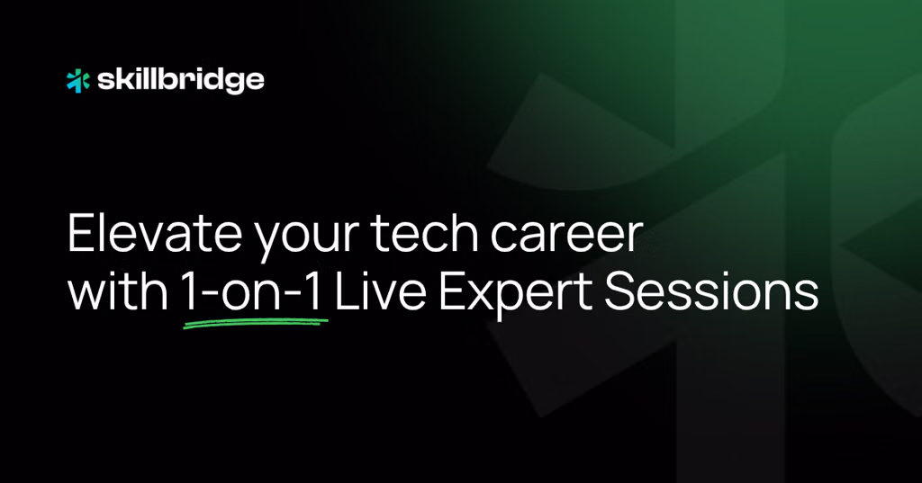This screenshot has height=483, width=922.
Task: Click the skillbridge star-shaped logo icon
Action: click(x=78, y=81)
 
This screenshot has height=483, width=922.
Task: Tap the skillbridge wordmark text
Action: click(x=180, y=81)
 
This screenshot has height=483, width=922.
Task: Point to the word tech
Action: click(x=425, y=234)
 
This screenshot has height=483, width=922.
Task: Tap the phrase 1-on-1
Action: click(x=253, y=292)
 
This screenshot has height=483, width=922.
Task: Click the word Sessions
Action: click(x=711, y=291)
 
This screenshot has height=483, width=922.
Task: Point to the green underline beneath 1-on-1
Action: click(x=255, y=322)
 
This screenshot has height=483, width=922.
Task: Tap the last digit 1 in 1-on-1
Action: click(x=314, y=292)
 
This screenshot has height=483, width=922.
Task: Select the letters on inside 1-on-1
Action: click(x=252, y=296)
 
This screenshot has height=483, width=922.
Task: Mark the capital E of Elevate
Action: click(x=80, y=234)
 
